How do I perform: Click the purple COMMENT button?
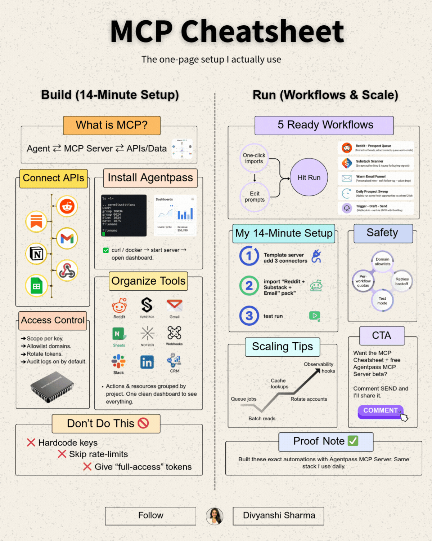click(380, 411)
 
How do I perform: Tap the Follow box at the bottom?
click(150, 516)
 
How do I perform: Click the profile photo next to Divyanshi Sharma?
click(215, 516)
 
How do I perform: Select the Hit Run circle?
click(309, 177)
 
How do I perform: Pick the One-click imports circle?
click(254, 158)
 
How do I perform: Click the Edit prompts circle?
click(255, 197)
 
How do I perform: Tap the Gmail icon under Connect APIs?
click(67, 238)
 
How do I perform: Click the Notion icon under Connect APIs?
click(36, 254)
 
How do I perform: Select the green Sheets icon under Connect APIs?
click(36, 286)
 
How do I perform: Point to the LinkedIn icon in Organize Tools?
click(147, 362)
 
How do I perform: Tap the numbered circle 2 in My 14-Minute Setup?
click(249, 286)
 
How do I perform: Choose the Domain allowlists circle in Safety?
click(382, 261)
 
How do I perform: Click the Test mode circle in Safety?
click(382, 300)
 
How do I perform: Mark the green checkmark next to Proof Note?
click(353, 441)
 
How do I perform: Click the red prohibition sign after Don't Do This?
click(143, 423)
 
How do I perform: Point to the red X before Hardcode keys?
click(31, 443)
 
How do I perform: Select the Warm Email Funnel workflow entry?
click(376, 179)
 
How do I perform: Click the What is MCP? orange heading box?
click(112, 125)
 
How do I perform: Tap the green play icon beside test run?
click(315, 316)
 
